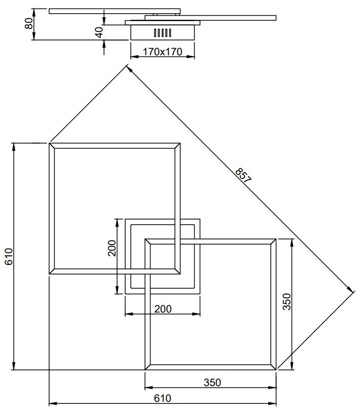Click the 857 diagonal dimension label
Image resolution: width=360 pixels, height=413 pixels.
[243, 175]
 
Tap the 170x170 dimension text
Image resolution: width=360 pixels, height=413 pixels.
[162, 52]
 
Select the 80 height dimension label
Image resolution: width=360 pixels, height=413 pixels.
[29, 23]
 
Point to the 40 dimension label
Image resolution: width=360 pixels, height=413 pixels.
[99, 32]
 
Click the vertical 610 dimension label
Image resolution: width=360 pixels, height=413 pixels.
[9, 256]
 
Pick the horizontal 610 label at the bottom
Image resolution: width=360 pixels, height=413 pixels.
[162, 398]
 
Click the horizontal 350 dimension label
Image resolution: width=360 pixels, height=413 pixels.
[212, 383]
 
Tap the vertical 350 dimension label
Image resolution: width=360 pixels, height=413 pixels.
[286, 301]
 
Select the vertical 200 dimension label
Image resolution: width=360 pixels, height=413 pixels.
[112, 248]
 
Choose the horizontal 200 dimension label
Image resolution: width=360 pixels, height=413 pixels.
[163, 309]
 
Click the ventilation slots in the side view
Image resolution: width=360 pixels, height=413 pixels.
[162, 32]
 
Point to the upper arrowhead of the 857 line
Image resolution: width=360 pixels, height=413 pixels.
[128, 68]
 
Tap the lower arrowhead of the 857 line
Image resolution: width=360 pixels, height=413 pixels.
[350, 289]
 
